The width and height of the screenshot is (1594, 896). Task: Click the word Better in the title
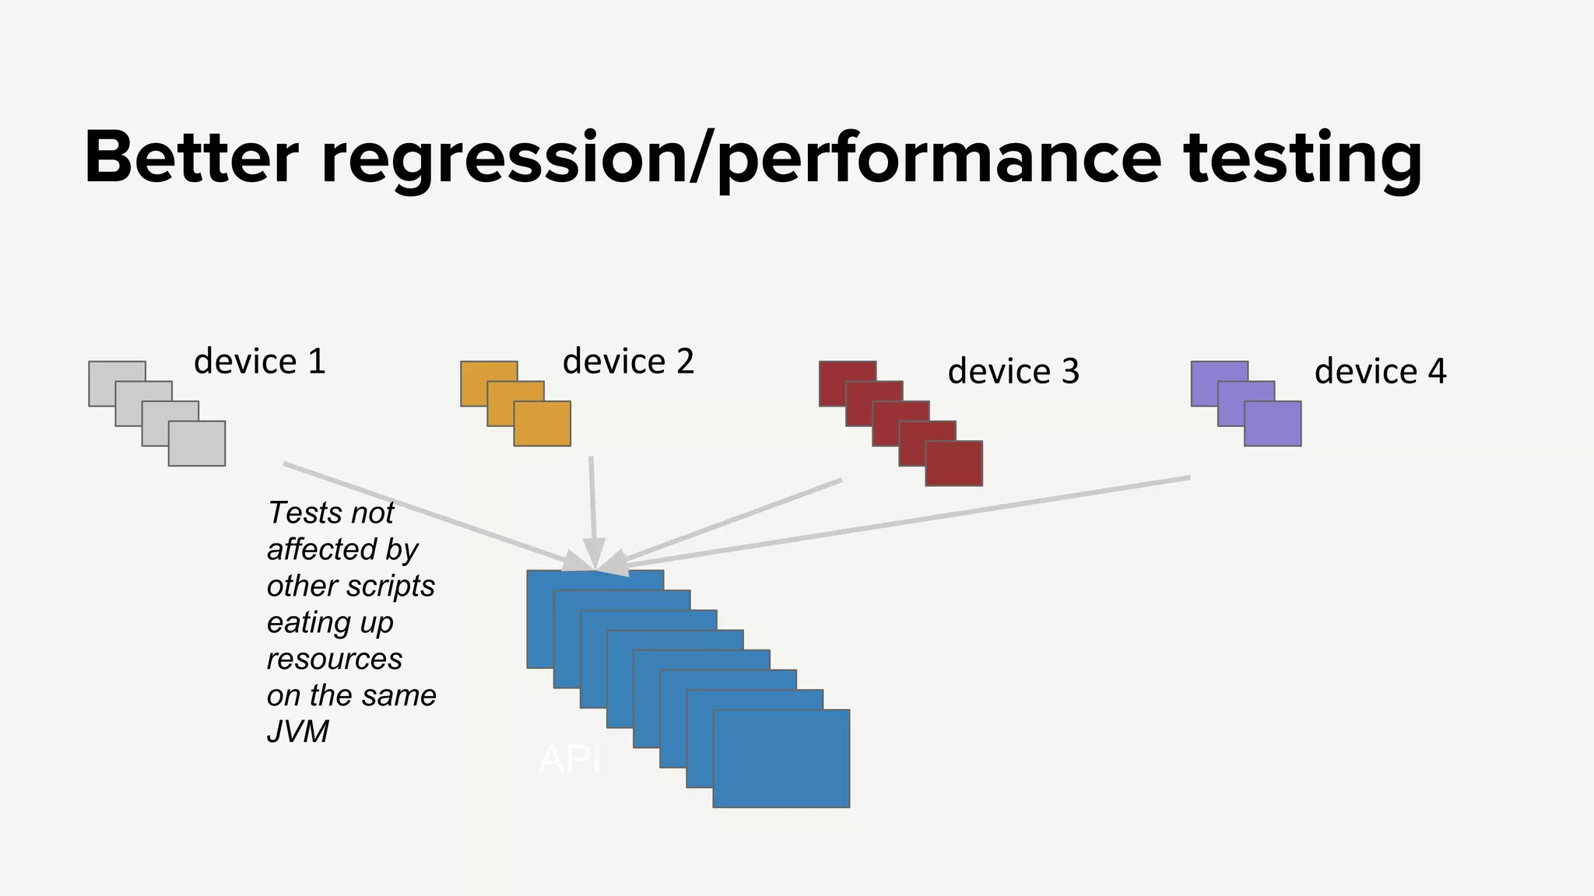pos(191,158)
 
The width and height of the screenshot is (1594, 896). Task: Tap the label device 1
pos(259,362)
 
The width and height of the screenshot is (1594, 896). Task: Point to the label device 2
pos(628,362)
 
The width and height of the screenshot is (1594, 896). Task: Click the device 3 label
pos(1013,372)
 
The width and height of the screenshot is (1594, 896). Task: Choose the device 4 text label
pos(1380,372)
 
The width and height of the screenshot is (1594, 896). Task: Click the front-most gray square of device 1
pos(197,444)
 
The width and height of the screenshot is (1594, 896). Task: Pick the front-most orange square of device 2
pos(542,424)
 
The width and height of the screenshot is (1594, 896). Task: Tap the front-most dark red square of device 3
pos(953,464)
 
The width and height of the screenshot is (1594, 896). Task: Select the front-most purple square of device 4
pos(1273,424)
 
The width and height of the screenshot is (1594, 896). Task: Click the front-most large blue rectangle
pos(781,758)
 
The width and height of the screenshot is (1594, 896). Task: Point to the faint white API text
pos(570,759)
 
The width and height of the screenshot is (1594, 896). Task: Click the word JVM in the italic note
pos(298,732)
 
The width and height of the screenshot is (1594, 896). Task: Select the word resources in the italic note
pos(335,659)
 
